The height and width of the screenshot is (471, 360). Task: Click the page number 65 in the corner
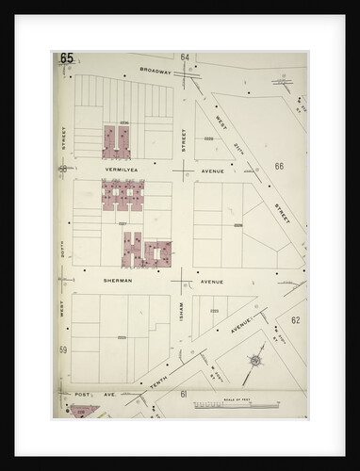(66, 58)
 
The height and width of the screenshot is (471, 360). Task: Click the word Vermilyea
(123, 171)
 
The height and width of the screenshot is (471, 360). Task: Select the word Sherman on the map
(119, 281)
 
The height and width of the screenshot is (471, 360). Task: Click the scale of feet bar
(231, 406)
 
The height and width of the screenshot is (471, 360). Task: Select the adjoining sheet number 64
(186, 57)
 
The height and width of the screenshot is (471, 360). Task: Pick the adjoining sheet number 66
(279, 166)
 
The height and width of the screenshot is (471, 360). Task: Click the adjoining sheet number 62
(295, 320)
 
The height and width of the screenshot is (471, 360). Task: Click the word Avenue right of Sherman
(211, 281)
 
